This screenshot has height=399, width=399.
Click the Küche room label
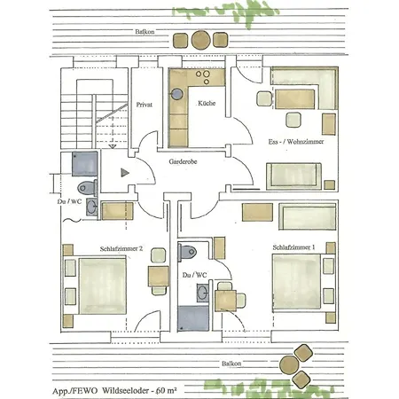[x=207, y=103]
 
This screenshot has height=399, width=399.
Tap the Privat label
[x=145, y=105]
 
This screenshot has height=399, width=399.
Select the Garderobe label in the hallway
[x=183, y=161]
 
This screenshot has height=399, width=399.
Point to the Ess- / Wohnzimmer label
[x=296, y=142]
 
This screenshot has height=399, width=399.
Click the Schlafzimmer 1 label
[x=293, y=247]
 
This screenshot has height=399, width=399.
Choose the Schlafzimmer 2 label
[x=121, y=248]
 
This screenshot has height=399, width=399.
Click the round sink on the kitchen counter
[x=177, y=94]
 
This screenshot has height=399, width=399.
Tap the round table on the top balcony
[x=201, y=40]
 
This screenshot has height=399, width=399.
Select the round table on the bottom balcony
[x=289, y=365]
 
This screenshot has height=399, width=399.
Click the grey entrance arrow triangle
[x=125, y=173]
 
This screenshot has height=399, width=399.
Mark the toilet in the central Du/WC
[x=187, y=252]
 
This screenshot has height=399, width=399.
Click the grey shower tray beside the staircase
[x=85, y=164]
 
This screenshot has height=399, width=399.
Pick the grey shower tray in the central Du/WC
[x=193, y=318]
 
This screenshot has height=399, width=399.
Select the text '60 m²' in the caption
[x=167, y=390]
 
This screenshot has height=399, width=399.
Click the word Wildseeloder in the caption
[x=126, y=391]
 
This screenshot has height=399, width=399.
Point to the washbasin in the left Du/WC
[x=91, y=207]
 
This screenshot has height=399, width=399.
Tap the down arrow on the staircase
[x=113, y=146]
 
